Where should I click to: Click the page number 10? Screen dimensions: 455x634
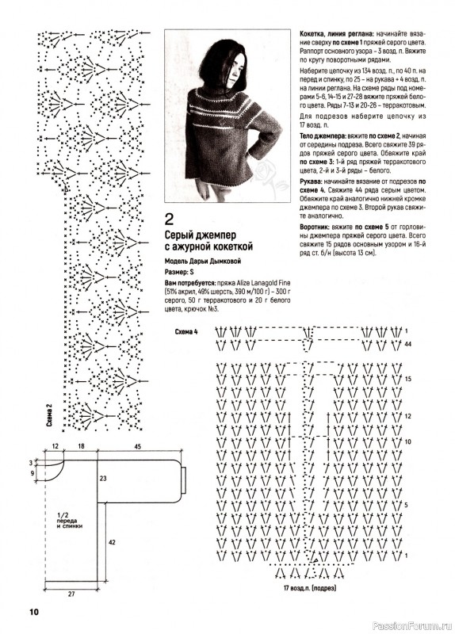(33, 612)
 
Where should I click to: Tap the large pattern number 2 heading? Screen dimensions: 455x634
(169, 220)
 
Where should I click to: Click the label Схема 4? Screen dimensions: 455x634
(186, 332)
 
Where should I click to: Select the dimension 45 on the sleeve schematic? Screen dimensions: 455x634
(137, 446)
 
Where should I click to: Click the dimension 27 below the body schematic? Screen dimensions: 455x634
(71, 594)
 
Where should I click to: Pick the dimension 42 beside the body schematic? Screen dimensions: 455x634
(112, 542)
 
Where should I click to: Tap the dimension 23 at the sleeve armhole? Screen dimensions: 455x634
(103, 479)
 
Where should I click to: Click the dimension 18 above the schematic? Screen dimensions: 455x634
(81, 446)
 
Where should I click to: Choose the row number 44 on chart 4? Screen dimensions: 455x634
(407, 344)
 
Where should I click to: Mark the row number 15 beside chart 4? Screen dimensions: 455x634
(407, 380)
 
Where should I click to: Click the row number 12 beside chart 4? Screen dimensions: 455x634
(407, 416)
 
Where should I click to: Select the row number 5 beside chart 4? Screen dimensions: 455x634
(406, 505)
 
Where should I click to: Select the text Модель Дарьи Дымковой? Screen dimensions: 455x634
(203, 262)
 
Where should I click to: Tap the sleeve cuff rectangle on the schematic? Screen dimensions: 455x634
(184, 480)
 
